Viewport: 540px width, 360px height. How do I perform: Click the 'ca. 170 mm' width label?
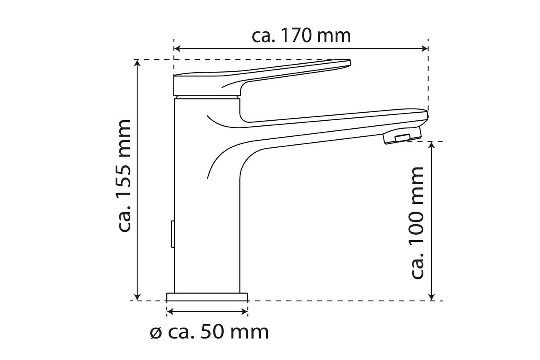pos(301,36)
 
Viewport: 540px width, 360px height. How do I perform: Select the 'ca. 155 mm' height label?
pos(125,176)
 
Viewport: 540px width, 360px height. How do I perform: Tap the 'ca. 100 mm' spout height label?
pos(417,223)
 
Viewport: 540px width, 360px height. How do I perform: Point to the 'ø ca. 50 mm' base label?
pos(209,332)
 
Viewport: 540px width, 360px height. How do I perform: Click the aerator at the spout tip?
pos(402,138)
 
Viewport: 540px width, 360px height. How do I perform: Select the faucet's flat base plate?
pos(207,297)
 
